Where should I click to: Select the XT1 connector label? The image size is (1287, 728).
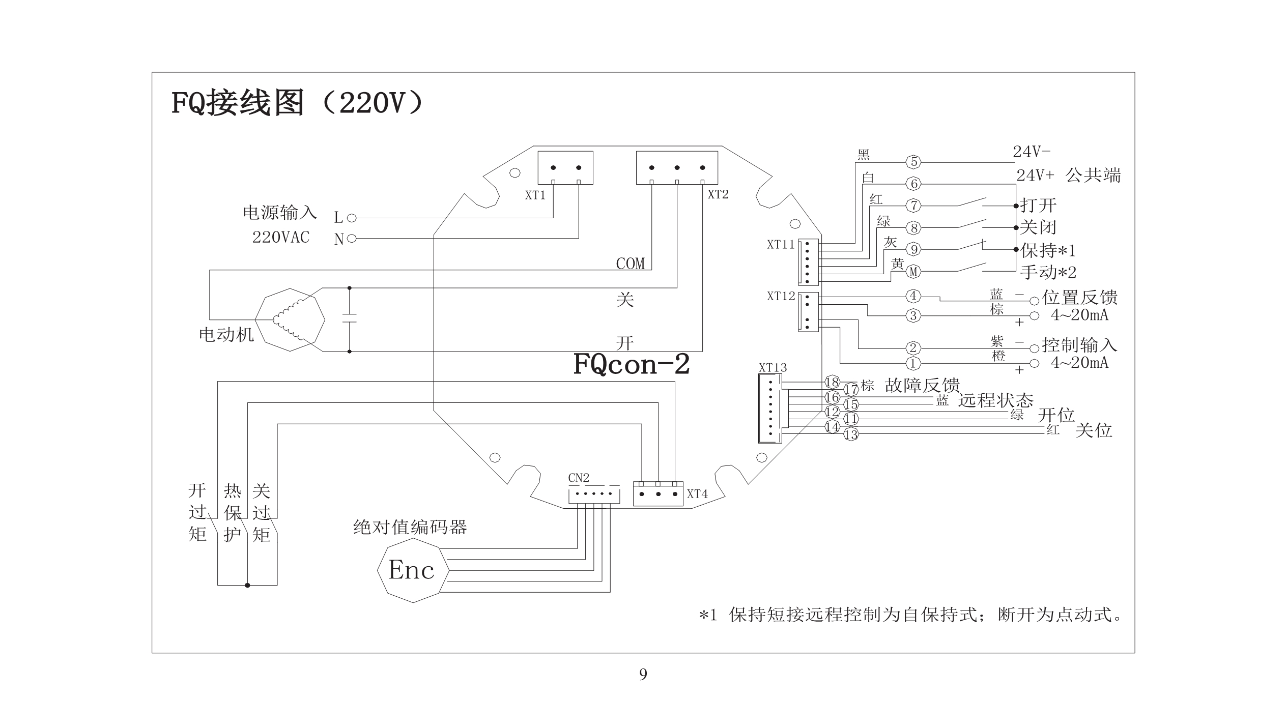[x=535, y=195]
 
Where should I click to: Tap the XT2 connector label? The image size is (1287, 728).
[x=718, y=194]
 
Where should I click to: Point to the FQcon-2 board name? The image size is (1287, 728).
[x=632, y=364]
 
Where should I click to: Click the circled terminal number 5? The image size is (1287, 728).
[x=913, y=162]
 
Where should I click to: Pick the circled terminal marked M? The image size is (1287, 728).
[x=913, y=272]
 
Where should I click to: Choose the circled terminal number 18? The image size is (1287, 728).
[x=832, y=382]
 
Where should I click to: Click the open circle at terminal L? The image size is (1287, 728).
[x=351, y=218]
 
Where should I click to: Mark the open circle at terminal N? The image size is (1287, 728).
[x=351, y=239]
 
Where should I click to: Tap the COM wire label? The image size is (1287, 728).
[x=630, y=264]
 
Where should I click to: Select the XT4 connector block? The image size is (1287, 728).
[x=657, y=493]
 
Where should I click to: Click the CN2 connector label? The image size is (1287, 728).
[x=579, y=478]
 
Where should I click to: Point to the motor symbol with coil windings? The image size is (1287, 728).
[x=290, y=320]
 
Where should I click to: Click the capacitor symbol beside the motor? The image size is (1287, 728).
[x=349, y=318]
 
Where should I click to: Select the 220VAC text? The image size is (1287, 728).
[x=281, y=238]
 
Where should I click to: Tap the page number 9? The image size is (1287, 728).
[x=643, y=675]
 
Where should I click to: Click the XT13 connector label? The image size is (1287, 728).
[x=773, y=367]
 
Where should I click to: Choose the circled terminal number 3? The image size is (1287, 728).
[x=913, y=316]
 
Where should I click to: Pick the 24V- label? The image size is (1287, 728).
[x=1032, y=152]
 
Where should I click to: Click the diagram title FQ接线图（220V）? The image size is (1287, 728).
[x=297, y=103]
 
